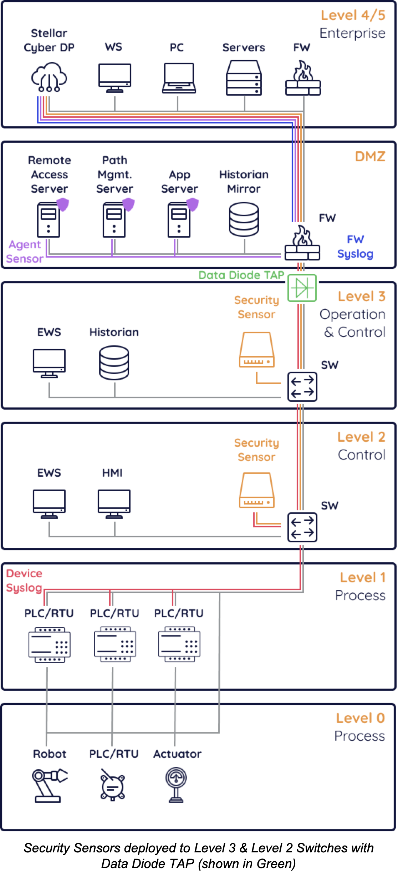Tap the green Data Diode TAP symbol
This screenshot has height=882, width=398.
[302, 288]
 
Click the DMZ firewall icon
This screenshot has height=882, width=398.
[302, 243]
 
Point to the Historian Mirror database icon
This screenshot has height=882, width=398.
[244, 219]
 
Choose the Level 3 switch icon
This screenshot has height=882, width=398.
[302, 387]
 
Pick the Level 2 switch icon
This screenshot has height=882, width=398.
[302, 527]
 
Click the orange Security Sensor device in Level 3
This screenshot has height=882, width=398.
[257, 350]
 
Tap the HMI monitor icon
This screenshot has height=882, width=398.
[114, 503]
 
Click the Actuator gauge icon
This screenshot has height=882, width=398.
[176, 785]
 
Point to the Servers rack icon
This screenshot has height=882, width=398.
[244, 78]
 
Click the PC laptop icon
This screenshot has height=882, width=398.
[179, 78]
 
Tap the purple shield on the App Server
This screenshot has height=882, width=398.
[193, 204]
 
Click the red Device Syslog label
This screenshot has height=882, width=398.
[24, 581]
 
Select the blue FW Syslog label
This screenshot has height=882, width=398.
[355, 247]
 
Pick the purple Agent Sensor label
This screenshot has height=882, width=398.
[25, 252]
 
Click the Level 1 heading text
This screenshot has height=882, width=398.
[362, 577]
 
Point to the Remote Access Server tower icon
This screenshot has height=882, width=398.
[49, 219]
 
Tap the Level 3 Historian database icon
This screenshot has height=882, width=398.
[114, 363]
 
